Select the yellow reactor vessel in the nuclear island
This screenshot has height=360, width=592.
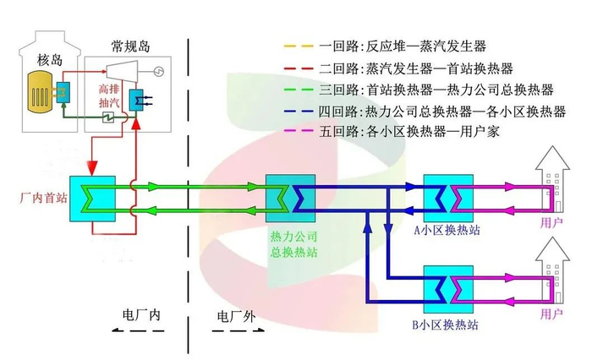point(37,90)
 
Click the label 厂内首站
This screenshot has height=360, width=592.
point(36,199)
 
